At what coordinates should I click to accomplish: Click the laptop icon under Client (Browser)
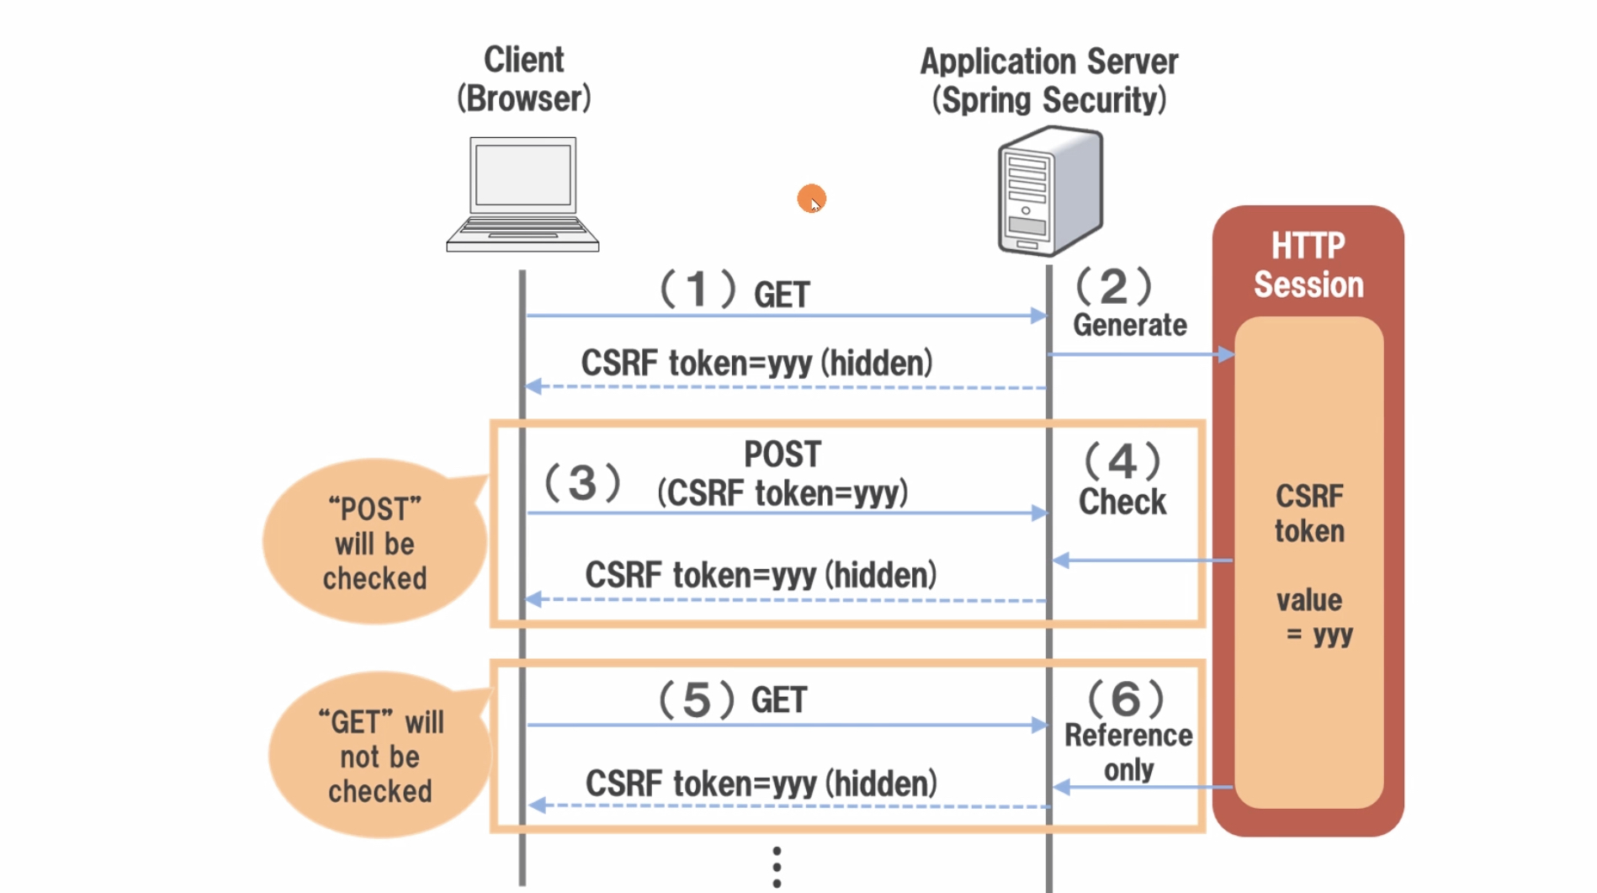523,194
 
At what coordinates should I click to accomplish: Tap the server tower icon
1050,191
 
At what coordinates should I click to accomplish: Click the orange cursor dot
811,199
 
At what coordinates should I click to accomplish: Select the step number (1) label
698,290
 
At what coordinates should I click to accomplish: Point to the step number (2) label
1113,287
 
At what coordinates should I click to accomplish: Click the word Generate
1129,326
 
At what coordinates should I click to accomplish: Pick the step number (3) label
582,483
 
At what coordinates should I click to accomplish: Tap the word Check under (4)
1122,502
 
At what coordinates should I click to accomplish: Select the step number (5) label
696,699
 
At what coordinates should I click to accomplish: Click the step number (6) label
1126,699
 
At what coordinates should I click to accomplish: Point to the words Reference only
1128,752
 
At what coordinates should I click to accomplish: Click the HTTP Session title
1308,265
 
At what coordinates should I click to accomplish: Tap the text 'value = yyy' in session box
1312,617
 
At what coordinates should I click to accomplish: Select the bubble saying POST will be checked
375,543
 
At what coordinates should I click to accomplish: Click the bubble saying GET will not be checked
380,756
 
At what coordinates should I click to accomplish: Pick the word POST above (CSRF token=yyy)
783,454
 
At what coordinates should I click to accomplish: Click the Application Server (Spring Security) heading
1048,81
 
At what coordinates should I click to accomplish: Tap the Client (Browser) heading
523,79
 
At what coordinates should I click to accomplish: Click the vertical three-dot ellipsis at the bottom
777,867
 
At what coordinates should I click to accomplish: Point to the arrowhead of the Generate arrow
1226,354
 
